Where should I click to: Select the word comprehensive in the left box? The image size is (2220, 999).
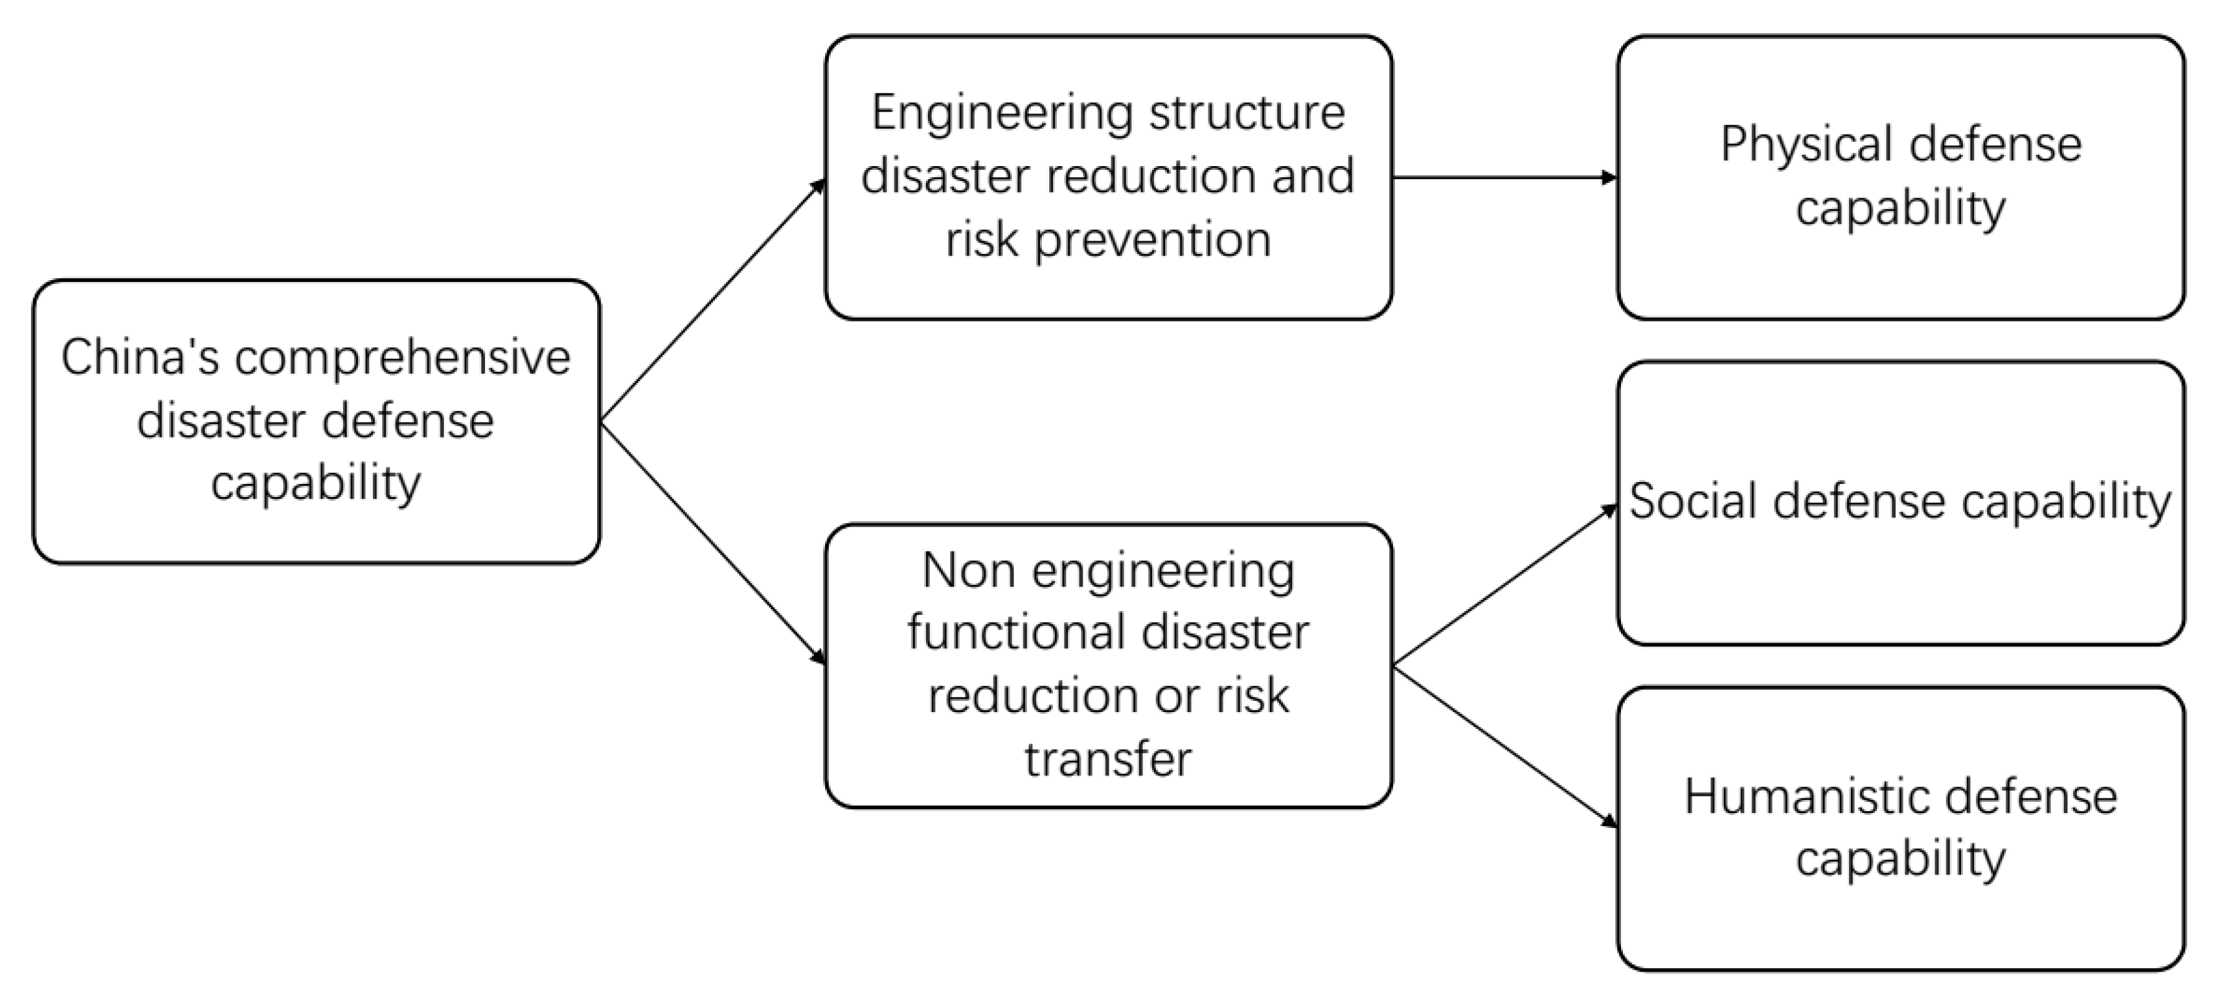(403, 358)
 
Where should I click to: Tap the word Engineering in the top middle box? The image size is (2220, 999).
(990, 113)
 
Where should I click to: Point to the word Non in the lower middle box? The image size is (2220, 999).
(968, 571)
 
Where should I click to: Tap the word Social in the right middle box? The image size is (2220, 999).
(1693, 501)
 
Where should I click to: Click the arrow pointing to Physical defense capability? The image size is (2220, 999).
(1504, 178)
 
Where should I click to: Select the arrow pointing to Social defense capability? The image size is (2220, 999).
(1505, 586)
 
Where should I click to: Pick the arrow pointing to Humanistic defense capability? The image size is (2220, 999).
(1505, 746)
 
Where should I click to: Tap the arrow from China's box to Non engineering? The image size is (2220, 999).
(712, 543)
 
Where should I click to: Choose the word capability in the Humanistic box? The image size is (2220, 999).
(1900, 860)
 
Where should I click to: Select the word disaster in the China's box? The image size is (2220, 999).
(221, 421)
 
